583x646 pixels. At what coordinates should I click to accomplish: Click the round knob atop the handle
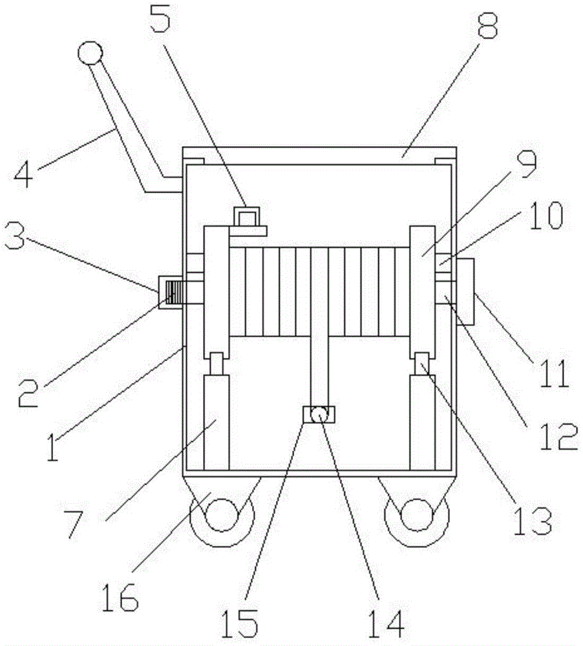(90, 53)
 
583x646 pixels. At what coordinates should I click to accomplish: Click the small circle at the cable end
(319, 414)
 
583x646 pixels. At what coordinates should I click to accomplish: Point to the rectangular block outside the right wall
(466, 291)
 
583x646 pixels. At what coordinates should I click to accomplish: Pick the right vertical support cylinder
(422, 423)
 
